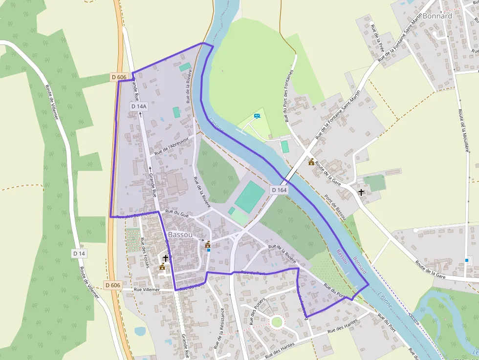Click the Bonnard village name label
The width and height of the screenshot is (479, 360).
point(437,16)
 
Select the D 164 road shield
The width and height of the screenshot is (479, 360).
point(279,190)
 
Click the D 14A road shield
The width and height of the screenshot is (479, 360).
point(138,106)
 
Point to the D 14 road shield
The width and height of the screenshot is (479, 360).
point(79,253)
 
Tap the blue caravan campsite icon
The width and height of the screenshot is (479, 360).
point(257,116)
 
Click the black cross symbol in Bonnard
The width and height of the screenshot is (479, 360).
point(361,192)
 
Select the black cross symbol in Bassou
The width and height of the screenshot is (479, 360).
point(166,257)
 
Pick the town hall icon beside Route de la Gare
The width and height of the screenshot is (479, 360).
point(311,162)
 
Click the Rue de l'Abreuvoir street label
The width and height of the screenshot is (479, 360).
point(171,145)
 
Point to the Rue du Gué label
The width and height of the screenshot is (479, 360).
point(177,213)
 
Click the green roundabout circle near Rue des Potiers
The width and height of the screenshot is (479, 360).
point(277,322)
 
